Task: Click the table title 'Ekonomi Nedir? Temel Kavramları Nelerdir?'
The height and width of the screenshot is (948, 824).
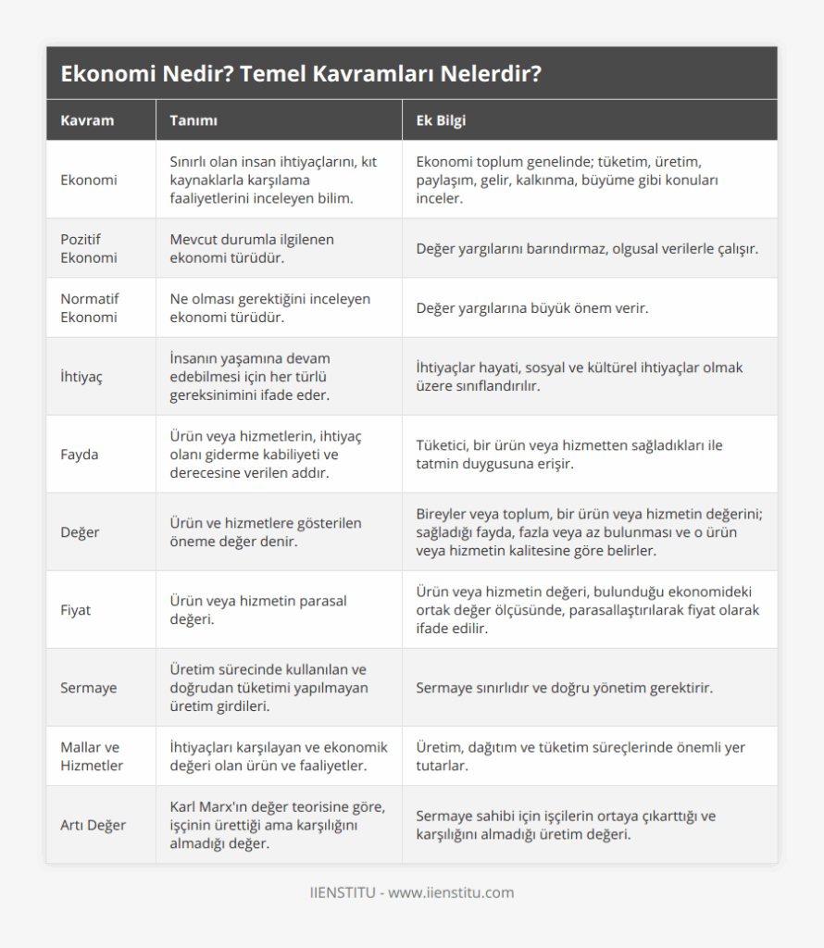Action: [x=301, y=74]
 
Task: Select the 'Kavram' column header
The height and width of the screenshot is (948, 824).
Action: [x=87, y=121]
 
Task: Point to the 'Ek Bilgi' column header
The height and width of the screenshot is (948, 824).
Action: [x=441, y=121]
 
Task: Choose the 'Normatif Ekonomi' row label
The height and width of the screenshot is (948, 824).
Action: [x=91, y=307]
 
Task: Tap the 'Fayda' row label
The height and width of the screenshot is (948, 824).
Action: [x=80, y=455]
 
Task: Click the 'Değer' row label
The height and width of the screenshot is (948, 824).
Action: [x=81, y=532]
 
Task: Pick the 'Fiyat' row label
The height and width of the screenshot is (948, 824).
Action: [x=76, y=610]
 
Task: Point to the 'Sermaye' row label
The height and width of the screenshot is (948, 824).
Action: [x=89, y=688]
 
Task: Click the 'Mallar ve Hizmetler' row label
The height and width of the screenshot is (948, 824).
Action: [x=92, y=756]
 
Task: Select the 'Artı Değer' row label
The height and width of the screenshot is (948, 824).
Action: [x=93, y=825]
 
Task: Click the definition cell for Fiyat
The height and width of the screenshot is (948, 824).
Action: [x=258, y=610]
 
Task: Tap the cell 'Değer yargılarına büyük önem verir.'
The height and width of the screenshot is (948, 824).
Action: [x=532, y=308]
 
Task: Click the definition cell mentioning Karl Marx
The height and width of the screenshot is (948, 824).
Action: [x=278, y=825]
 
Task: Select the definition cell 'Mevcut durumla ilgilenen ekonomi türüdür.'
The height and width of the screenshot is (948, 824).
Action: [x=252, y=248]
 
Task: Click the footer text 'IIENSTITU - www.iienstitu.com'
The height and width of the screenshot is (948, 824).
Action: [x=411, y=892]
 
